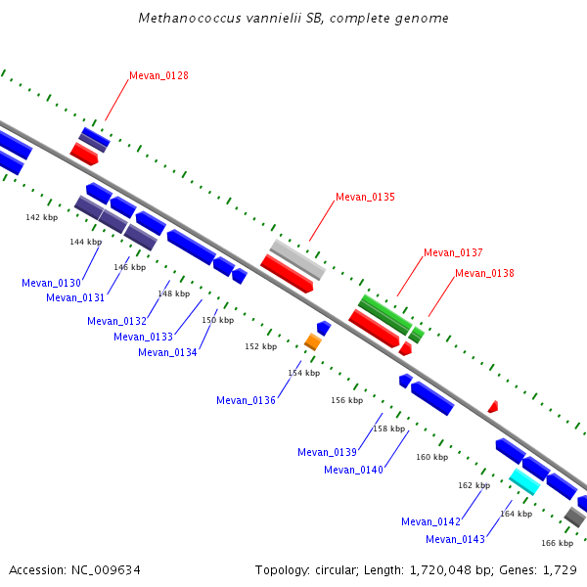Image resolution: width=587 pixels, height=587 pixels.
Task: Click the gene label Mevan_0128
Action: point(158,75)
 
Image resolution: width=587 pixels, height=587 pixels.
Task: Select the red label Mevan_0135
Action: point(365,197)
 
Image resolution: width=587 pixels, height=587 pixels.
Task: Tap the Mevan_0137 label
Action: point(453,252)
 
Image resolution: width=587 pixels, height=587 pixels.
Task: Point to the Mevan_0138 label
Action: point(484,273)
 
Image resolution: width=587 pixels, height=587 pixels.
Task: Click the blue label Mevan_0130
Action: point(51,283)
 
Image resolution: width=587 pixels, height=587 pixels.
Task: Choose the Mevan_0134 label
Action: point(167,352)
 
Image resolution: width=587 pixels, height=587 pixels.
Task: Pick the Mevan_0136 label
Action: point(246,400)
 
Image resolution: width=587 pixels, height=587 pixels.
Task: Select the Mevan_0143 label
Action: point(455,539)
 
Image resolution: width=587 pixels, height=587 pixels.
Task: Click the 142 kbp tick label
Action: point(41,217)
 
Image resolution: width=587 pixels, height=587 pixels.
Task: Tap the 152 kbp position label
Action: point(261,346)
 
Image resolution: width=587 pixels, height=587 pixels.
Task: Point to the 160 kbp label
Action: point(432,457)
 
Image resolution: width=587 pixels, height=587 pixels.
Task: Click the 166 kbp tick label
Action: point(557,543)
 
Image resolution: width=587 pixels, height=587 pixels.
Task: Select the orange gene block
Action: point(313,341)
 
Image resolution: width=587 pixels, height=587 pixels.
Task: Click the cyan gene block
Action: point(524,481)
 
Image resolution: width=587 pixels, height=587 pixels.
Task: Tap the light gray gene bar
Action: point(297,259)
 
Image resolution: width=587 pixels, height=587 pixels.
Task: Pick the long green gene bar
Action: point(385,315)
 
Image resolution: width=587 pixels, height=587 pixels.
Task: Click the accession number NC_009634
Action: point(106,570)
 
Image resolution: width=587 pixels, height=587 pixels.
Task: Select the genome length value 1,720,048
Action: point(440,570)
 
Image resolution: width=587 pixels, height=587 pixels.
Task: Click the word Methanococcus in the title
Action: point(190,19)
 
